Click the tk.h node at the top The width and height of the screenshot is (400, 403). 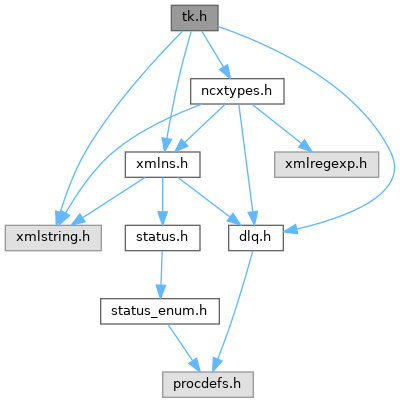195,18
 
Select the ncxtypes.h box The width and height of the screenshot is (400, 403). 237,91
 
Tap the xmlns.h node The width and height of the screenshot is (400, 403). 162,164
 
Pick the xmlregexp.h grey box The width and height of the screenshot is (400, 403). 326,164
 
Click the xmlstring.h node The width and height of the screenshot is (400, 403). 53,238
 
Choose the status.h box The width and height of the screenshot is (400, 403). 162,238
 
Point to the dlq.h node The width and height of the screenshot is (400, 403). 256,238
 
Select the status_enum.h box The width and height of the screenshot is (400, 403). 160,311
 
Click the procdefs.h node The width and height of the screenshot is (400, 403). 208,384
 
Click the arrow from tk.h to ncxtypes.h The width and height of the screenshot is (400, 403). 216,54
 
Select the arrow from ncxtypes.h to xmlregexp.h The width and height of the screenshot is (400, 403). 281,128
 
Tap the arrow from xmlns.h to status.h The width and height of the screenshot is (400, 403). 162,201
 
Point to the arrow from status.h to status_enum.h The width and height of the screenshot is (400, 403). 161,274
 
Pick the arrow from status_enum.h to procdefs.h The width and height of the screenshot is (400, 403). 183,348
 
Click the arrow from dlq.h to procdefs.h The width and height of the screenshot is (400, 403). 234,311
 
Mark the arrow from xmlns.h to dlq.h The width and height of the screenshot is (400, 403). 209,201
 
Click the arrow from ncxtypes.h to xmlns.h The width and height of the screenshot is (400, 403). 200,128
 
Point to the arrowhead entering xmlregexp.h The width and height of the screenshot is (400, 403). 305,146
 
